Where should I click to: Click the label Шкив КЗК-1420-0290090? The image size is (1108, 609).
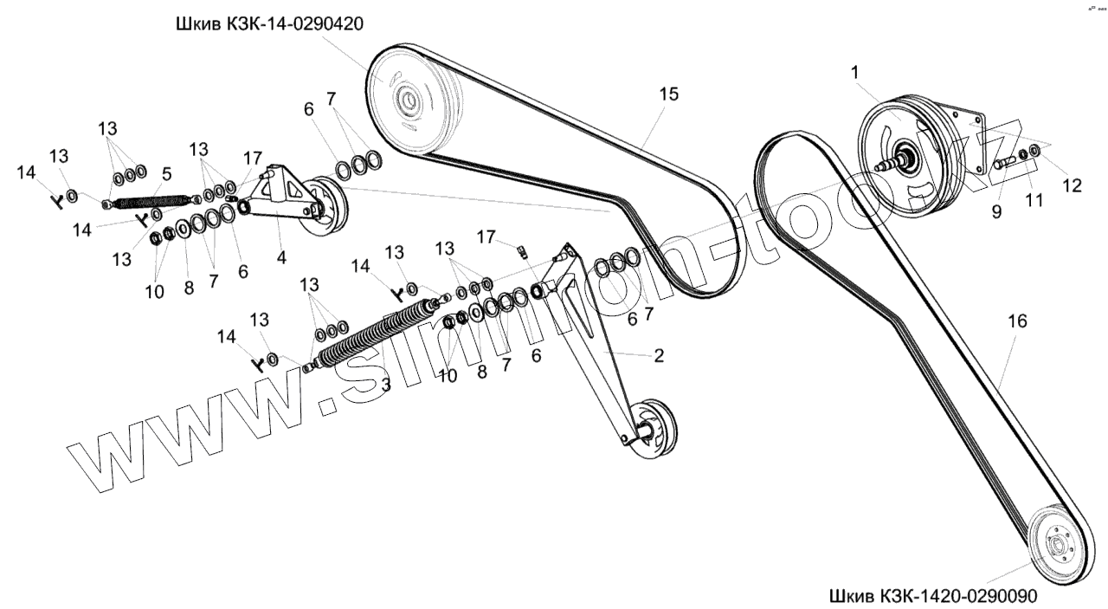(x=932, y=598)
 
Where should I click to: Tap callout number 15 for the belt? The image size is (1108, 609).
(x=669, y=93)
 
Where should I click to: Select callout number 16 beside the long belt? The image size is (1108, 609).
(x=1017, y=321)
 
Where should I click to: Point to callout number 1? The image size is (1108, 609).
(x=855, y=74)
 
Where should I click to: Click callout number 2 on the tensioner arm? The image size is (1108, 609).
(x=659, y=356)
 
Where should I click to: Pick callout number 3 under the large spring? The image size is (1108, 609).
(x=386, y=384)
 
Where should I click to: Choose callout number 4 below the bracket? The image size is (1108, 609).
(x=280, y=257)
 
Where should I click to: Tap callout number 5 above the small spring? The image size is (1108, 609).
(x=167, y=172)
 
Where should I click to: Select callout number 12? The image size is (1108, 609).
(x=1072, y=185)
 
